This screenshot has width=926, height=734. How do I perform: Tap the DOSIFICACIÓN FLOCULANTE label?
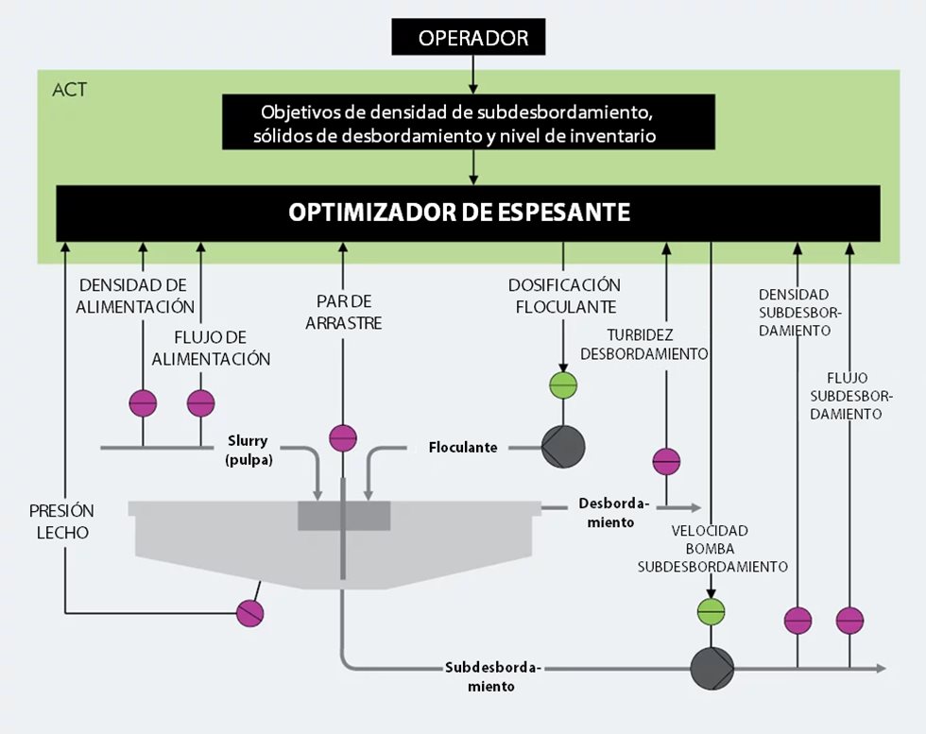point(563,296)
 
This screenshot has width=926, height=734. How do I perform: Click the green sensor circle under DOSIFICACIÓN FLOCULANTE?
point(563,385)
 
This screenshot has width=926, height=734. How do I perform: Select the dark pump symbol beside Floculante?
point(563,447)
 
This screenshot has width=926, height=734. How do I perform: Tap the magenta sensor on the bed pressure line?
point(249,613)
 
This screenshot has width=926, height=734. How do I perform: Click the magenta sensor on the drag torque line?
point(343,438)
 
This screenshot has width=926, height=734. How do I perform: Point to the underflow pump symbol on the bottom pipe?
point(712,668)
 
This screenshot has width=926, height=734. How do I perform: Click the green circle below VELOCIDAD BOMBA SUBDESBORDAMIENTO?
point(712,611)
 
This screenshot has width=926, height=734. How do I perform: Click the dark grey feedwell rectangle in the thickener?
point(344,516)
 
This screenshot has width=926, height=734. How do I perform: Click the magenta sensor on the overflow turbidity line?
point(666,461)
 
